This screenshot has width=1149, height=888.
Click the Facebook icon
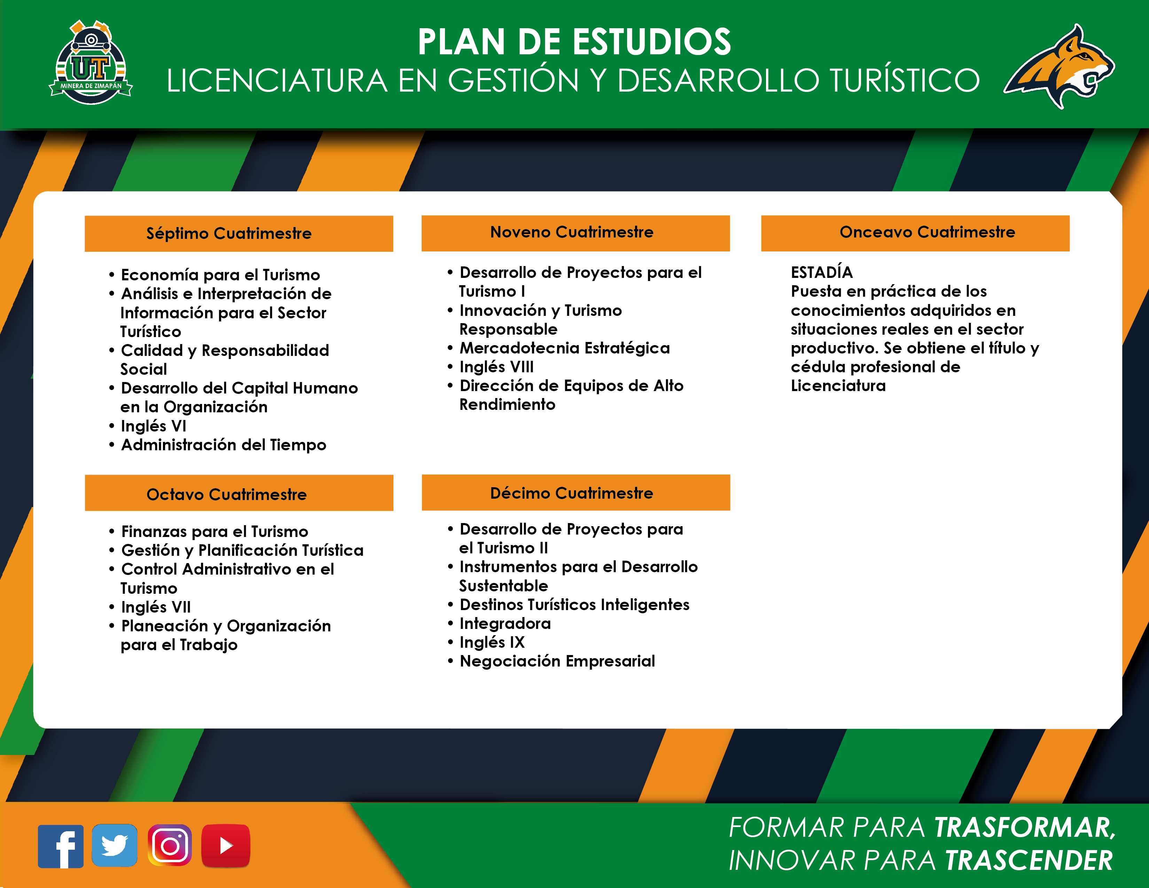pyautogui.click(x=61, y=846)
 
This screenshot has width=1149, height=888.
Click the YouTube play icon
pyautogui.click(x=226, y=846)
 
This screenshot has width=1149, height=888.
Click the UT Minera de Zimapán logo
pyautogui.click(x=91, y=62)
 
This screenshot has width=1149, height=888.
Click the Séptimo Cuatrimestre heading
pyautogui.click(x=229, y=233)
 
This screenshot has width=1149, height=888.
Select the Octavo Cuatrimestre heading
pyautogui.click(x=226, y=494)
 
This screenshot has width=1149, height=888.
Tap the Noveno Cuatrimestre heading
pyautogui.click(x=572, y=232)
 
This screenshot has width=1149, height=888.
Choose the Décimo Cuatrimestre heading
pyautogui.click(x=572, y=493)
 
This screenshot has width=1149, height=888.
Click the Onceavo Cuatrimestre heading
pyautogui.click(x=928, y=232)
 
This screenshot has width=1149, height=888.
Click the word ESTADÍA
pyautogui.click(x=822, y=272)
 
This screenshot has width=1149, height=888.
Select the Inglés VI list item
pyautogui.click(x=154, y=426)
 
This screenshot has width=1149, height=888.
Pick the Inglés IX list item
pyautogui.click(x=492, y=642)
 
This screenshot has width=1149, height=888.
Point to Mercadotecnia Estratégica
pyautogui.click(x=564, y=348)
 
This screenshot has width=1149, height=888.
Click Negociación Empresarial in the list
pyautogui.click(x=557, y=661)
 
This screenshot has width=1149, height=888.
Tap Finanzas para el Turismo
pyautogui.click(x=214, y=531)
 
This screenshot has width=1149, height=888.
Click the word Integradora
pyautogui.click(x=505, y=623)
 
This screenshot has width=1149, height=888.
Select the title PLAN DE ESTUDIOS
pyautogui.click(x=574, y=41)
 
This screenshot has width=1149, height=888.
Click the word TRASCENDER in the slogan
pyautogui.click(x=1029, y=860)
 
